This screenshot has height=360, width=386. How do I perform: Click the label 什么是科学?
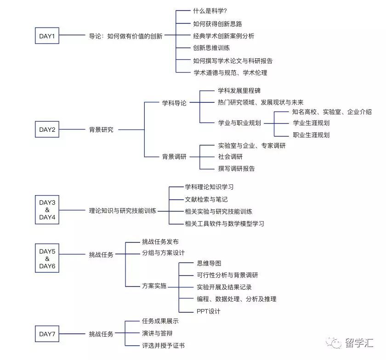tap(210, 11)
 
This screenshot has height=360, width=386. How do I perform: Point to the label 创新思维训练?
tap(211, 48)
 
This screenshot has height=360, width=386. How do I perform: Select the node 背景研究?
tap(101, 129)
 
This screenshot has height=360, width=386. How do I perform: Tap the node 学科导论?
tap(174, 103)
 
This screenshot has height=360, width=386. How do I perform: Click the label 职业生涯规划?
tap(311, 135)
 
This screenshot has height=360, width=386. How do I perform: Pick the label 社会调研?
tap(230, 157)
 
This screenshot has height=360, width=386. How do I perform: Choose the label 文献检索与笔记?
tap(206, 199)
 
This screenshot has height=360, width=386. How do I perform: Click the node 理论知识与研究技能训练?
tap(123, 211)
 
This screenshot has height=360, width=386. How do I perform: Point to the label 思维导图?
tap(209, 263)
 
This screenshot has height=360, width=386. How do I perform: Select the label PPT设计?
tap(208, 311)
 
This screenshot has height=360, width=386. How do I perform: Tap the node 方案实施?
tap(154, 286)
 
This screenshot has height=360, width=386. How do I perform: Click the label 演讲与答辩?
tap(157, 333)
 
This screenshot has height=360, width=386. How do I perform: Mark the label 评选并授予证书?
tap(164, 345)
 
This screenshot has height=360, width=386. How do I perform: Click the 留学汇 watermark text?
tap(359, 343)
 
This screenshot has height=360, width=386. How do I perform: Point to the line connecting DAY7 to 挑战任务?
tap(72, 334)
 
